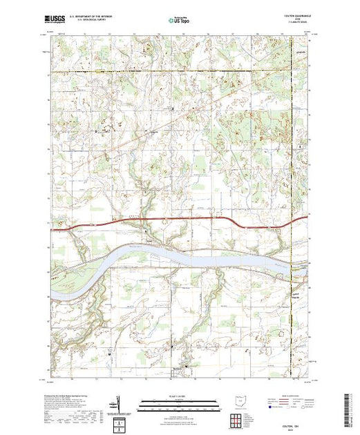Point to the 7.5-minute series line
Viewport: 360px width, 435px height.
pos(298,25)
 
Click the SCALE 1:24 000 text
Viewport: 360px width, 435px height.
pos(180,396)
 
